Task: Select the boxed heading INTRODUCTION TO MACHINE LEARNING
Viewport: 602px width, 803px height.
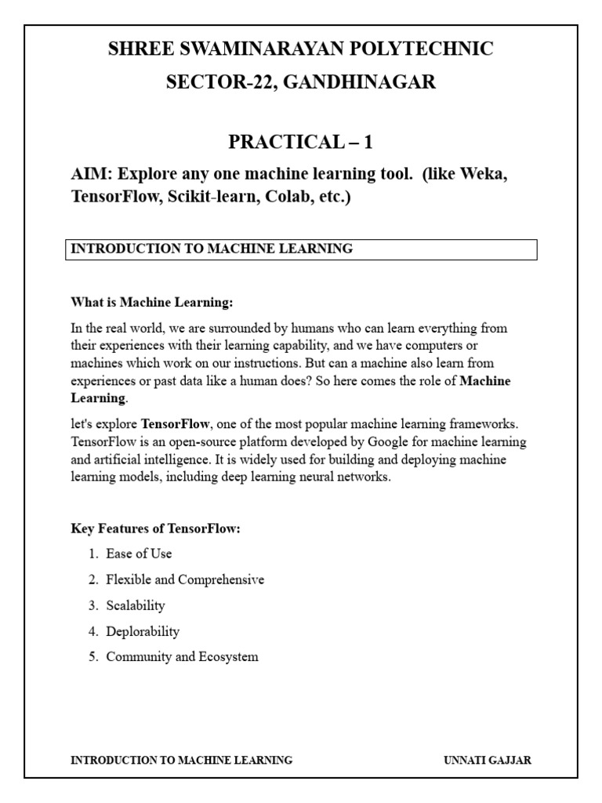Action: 212,249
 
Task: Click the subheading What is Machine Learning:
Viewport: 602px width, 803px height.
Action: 152,302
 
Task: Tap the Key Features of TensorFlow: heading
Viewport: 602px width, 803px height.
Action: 155,529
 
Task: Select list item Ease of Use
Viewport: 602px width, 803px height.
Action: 139,554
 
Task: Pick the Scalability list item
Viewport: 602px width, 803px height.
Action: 136,605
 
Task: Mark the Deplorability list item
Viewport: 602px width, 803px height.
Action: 143,631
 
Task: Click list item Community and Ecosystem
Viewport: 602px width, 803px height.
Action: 182,657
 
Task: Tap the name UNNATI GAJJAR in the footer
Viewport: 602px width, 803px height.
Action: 487,760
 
